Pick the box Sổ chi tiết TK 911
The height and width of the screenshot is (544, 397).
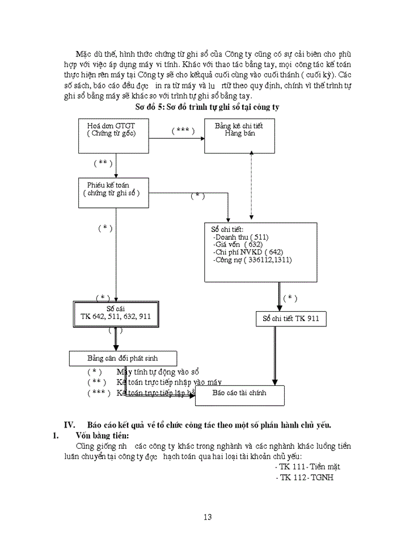click(x=290, y=319)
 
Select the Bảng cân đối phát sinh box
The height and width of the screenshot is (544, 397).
click(x=123, y=359)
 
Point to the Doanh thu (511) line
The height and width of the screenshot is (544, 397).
click(x=241, y=237)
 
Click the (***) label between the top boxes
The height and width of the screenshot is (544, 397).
click(x=183, y=130)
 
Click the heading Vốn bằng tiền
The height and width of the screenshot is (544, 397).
click(x=102, y=435)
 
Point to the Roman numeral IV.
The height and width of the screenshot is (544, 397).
click(x=70, y=424)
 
